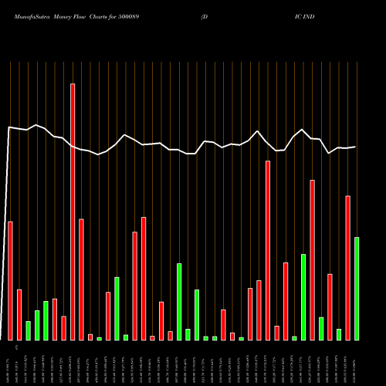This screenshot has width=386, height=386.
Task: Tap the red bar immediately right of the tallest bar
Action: (81, 279)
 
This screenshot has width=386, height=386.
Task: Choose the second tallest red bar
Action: (268, 250)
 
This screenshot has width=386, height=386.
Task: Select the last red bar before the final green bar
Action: (348, 268)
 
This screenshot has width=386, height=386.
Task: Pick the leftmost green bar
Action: (28, 330)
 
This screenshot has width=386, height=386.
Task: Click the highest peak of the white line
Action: (36, 124)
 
